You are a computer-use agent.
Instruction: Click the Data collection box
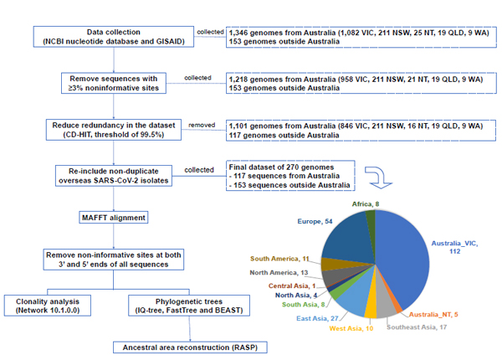[114, 37]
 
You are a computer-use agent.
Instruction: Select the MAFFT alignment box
[114, 218]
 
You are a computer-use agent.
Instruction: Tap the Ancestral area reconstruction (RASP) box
[190, 347]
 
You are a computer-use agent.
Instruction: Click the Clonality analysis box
[48, 306]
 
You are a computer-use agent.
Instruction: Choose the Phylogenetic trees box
[189, 306]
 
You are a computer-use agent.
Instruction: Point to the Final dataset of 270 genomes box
[290, 176]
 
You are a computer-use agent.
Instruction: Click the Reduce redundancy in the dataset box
[114, 130]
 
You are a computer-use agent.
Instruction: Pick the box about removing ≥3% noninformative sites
[114, 83]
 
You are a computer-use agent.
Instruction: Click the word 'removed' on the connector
[202, 125]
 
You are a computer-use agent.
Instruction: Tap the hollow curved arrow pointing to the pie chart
[379, 177]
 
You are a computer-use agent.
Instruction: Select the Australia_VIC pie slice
[403, 260]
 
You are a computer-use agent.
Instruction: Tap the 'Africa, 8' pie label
[366, 204]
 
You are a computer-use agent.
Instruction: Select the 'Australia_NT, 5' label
[433, 315]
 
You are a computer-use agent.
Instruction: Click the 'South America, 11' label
[279, 259]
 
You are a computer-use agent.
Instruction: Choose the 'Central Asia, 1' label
[292, 285]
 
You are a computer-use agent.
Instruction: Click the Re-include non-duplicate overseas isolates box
[114, 176]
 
